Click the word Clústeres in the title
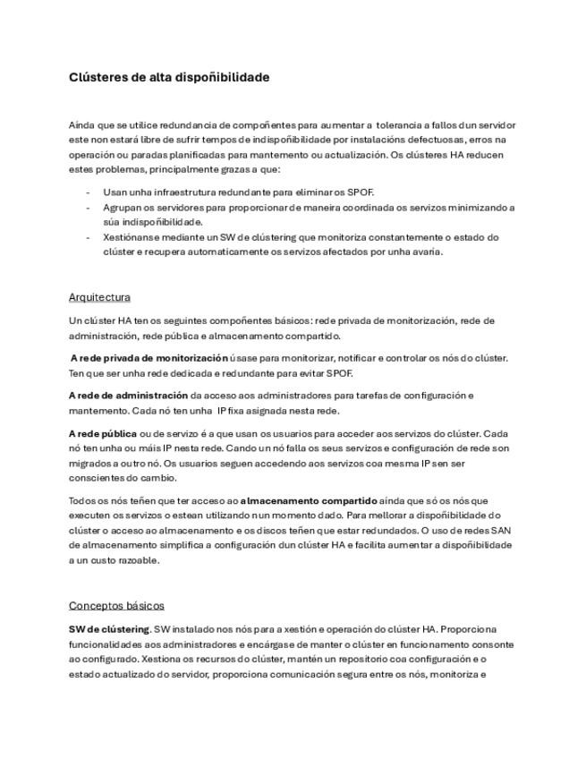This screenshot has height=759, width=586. click(x=98, y=78)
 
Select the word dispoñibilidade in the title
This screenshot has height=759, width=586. click(x=225, y=78)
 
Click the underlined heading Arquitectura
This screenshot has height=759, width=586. click(x=99, y=297)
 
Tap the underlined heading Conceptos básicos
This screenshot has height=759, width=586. click(x=116, y=606)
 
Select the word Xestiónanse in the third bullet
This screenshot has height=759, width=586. click(x=132, y=237)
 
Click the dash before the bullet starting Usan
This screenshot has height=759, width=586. click(x=88, y=192)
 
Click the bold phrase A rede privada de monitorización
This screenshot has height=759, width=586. click(x=149, y=358)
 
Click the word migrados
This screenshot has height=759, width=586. click(x=86, y=464)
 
